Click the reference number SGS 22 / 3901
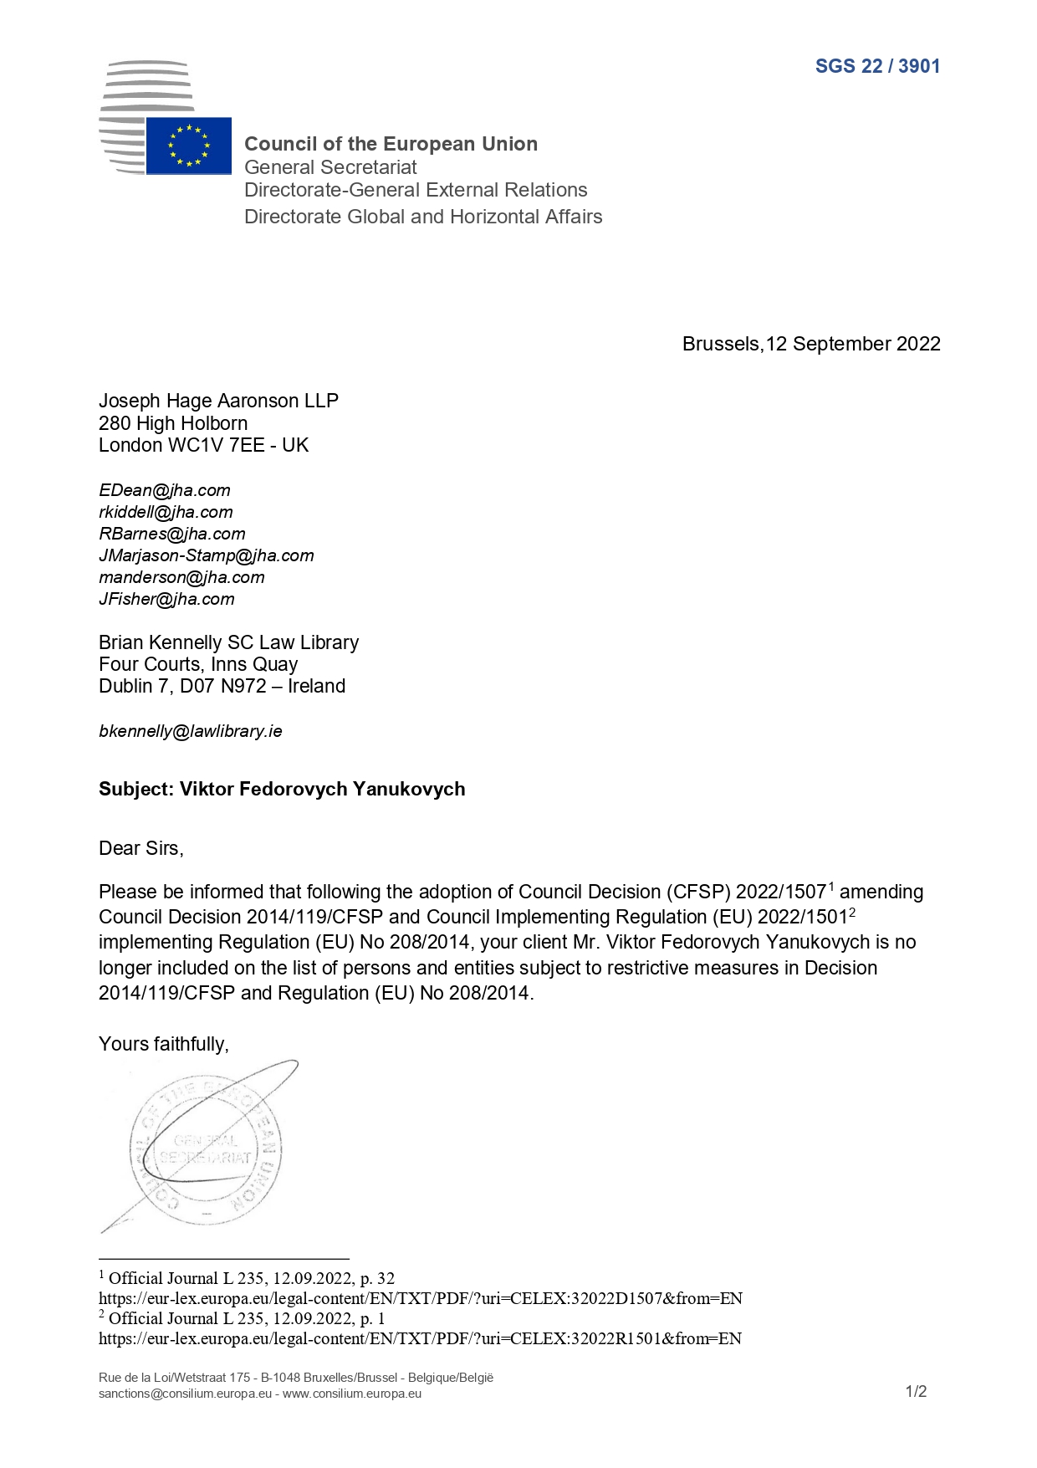877,66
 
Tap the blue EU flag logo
189,146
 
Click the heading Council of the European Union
391,144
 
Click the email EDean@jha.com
164,490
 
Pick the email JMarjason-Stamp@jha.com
206,555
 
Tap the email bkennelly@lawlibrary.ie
190,731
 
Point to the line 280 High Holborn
173,423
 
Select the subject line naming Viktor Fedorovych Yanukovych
282,789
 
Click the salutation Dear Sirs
140,848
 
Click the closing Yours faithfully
163,1044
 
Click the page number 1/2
916,1391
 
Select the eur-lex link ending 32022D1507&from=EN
420,1298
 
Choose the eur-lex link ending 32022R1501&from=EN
420,1338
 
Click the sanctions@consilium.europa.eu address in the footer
185,1394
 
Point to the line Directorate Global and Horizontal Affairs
422,217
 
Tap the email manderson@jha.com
181,577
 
